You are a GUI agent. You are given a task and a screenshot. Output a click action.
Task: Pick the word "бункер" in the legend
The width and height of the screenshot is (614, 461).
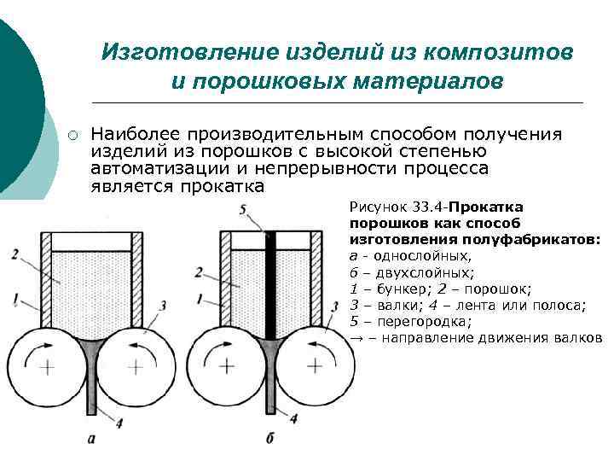pos(396,289)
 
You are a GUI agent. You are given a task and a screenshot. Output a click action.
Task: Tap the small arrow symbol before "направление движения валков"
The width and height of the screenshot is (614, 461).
pos(356,337)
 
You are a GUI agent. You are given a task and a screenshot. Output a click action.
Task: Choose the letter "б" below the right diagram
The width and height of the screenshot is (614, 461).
pos(270,439)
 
